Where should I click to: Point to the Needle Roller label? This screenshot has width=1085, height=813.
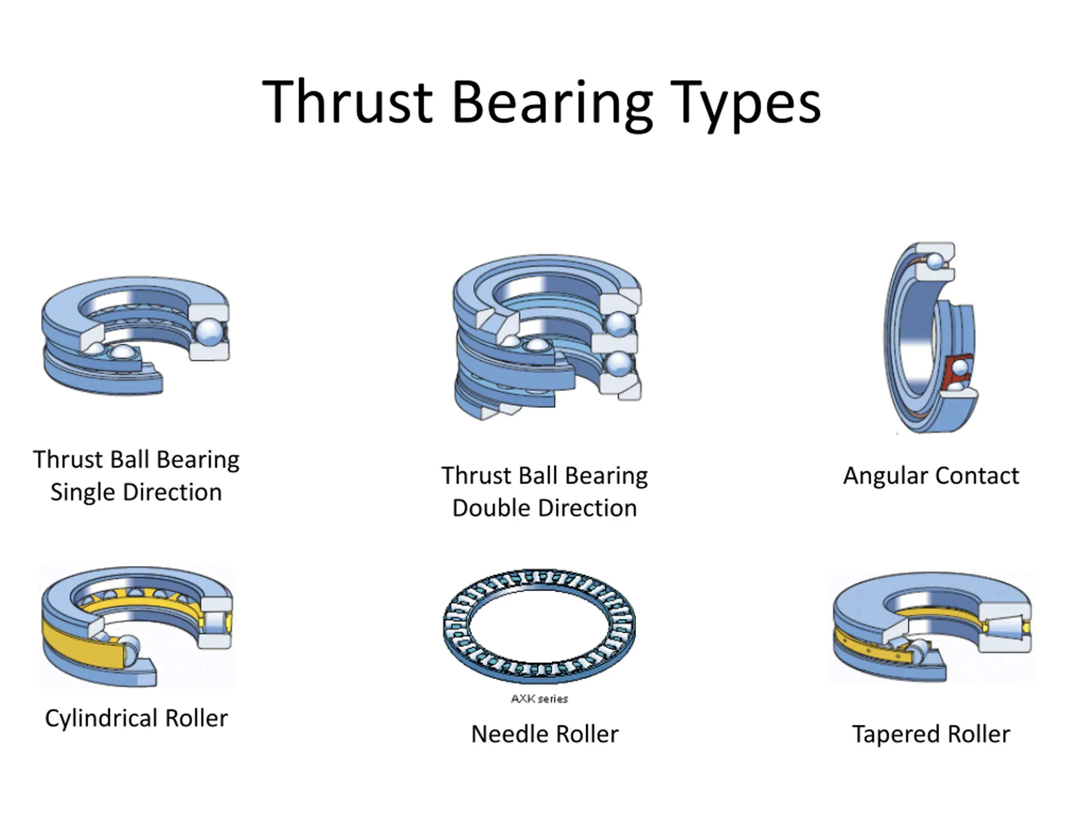[x=545, y=734]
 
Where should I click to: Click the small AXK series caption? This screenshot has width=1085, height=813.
[x=539, y=699]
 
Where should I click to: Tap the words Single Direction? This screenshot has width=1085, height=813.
[x=136, y=492]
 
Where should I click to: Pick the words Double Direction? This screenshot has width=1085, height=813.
[x=545, y=508]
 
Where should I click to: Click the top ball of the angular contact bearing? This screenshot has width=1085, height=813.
[x=935, y=261]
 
